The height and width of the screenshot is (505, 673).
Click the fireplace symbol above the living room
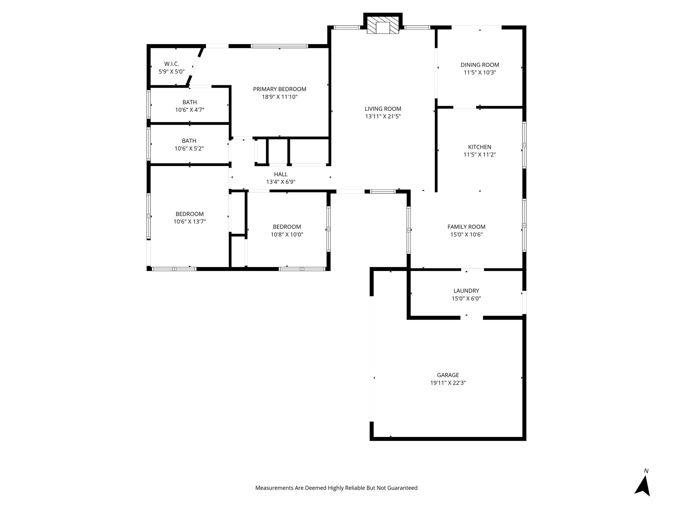383,25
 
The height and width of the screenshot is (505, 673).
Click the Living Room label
383,109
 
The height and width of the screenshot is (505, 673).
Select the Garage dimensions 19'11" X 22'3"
448,383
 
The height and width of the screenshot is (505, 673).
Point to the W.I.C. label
172,64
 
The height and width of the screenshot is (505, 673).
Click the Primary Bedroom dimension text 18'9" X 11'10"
280,97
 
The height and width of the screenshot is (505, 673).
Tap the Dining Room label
480,65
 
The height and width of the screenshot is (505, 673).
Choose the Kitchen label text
480,147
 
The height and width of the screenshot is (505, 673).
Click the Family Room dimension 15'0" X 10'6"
466,234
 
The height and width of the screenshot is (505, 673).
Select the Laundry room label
466,291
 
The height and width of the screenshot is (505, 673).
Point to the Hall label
281,174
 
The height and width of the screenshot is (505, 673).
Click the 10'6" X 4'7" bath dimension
190,110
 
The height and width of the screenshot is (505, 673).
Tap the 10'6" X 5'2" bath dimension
189,149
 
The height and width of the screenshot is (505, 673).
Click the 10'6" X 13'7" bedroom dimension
190,222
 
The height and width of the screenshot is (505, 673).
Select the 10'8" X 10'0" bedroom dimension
287,234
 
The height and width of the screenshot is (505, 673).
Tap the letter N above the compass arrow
646,471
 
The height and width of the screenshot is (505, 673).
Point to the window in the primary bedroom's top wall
279,46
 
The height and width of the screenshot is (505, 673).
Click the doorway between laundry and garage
472,318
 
